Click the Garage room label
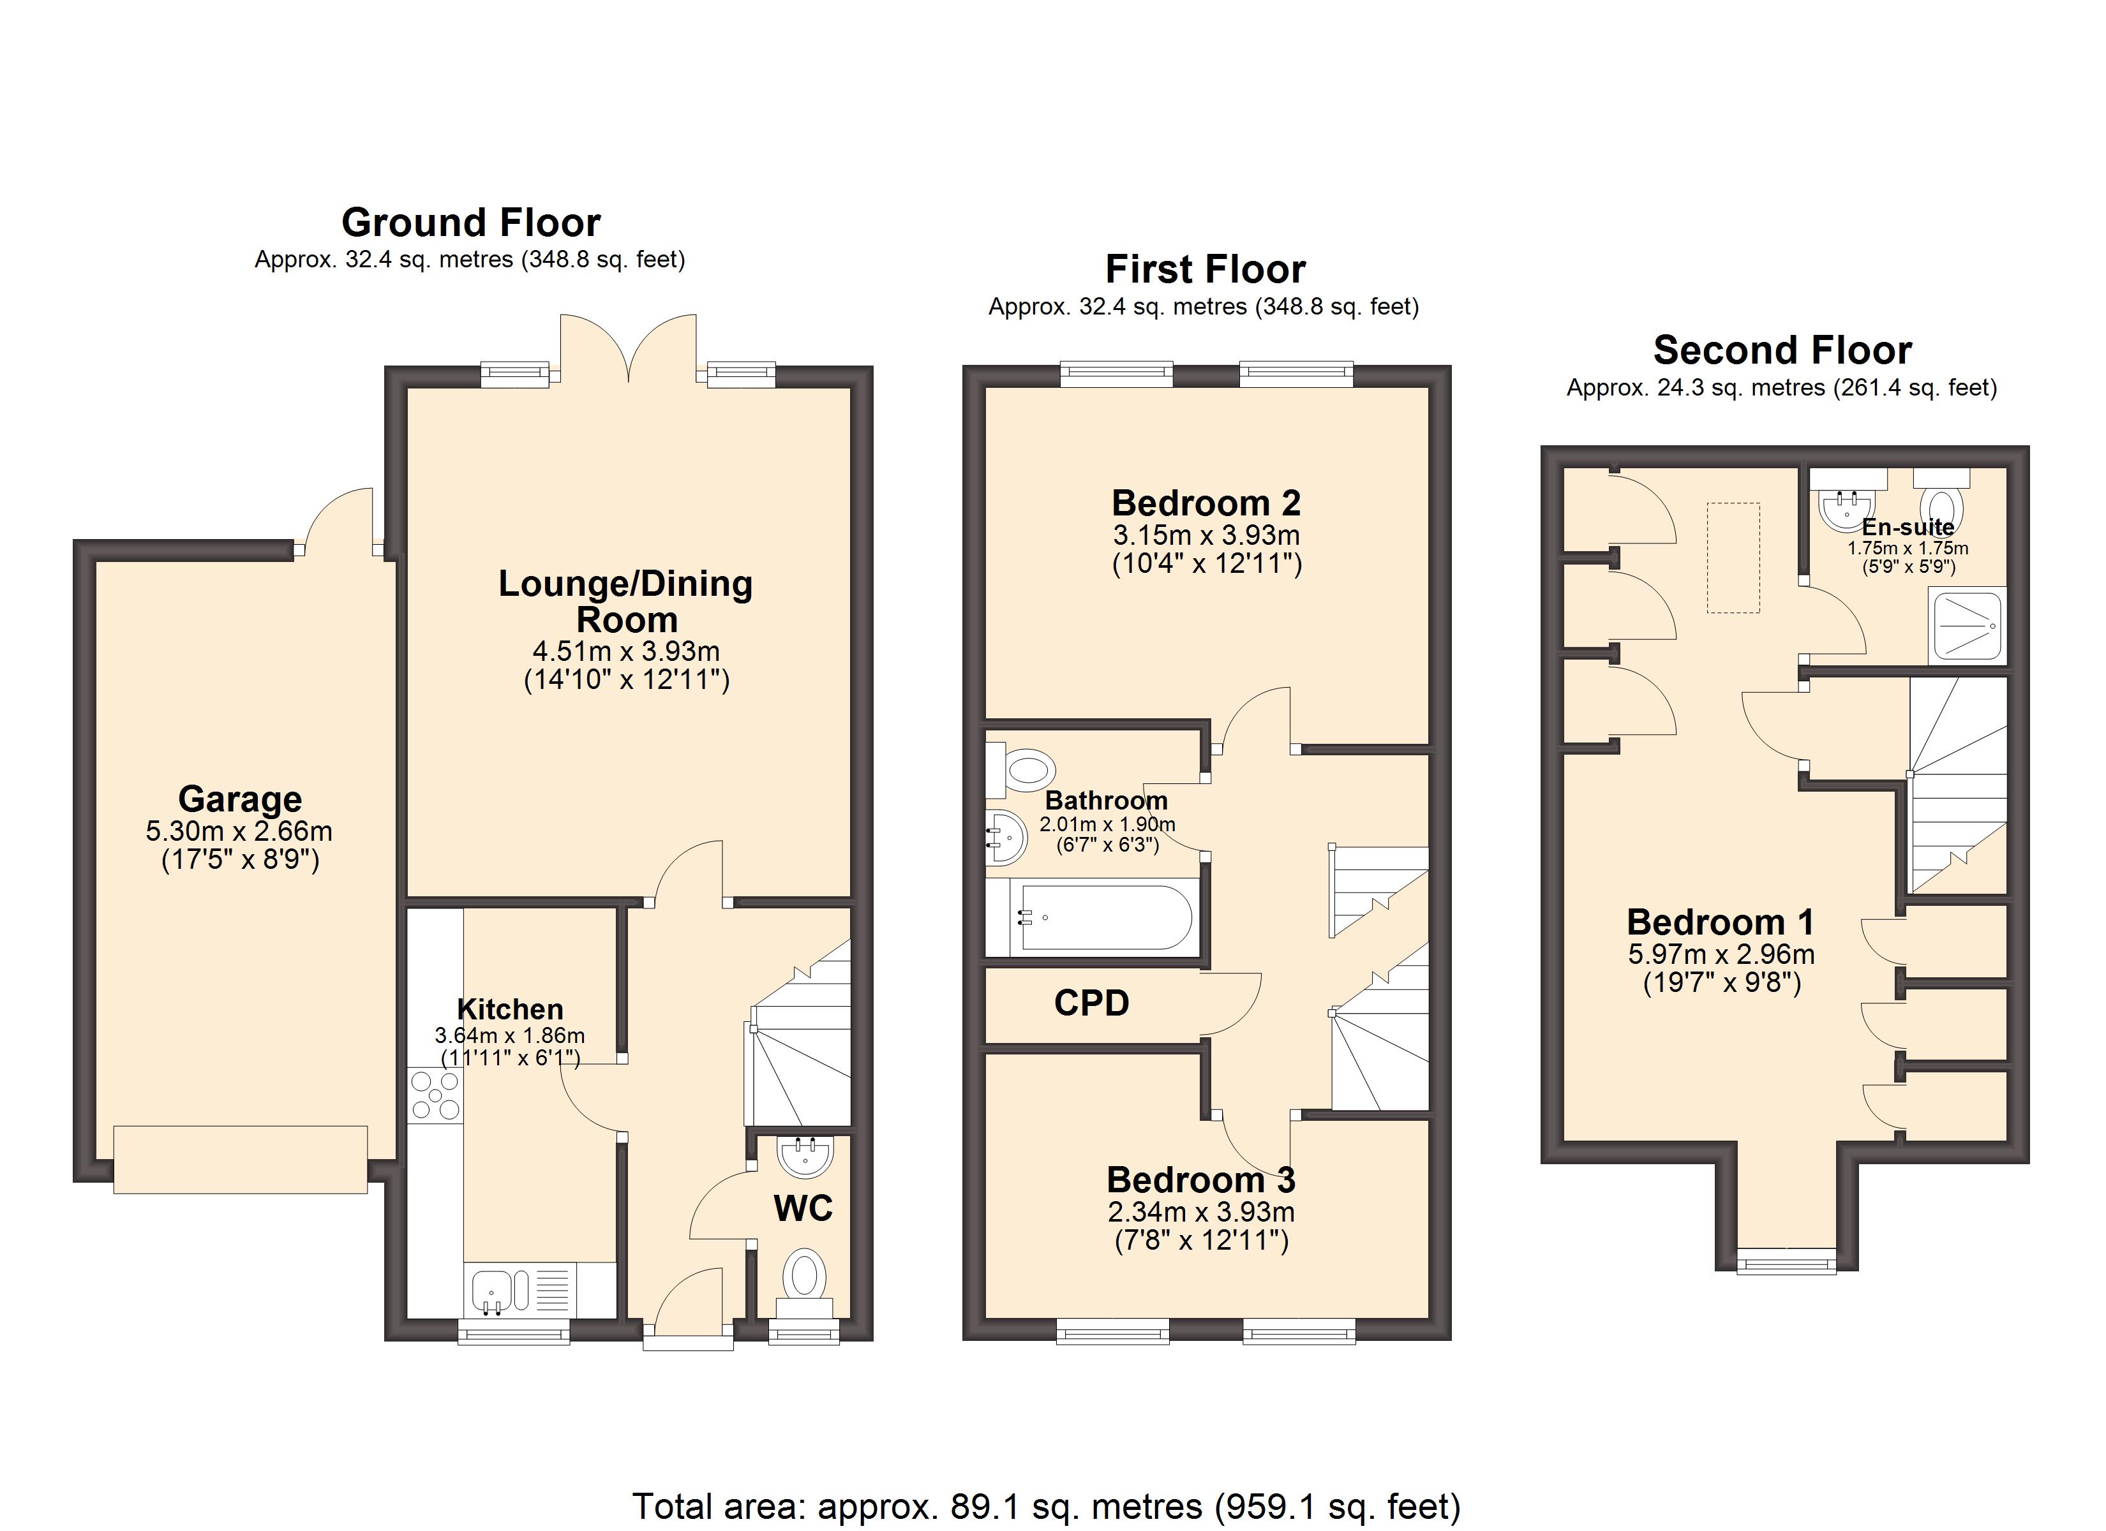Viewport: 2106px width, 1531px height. (x=239, y=799)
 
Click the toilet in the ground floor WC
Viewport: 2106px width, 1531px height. (x=804, y=1276)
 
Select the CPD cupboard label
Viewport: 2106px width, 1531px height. (x=1091, y=1003)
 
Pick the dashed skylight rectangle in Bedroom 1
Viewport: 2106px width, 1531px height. (x=1733, y=557)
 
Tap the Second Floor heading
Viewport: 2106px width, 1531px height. (x=1782, y=351)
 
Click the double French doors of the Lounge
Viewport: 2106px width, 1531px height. (x=629, y=351)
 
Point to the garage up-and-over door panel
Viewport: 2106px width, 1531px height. (x=241, y=1158)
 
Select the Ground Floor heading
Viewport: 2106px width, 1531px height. (x=471, y=223)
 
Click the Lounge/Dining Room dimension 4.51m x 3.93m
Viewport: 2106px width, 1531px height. (x=626, y=651)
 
